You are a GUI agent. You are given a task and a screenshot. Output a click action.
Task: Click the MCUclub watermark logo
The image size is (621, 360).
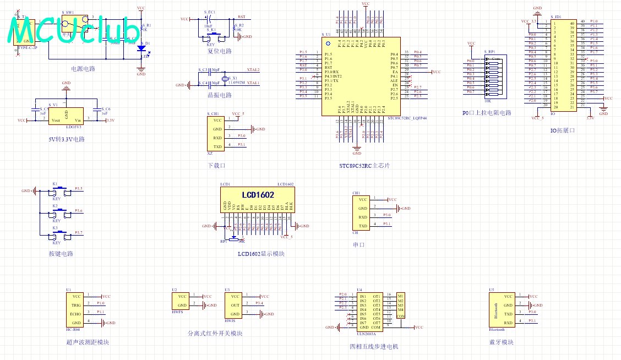coord(74,31)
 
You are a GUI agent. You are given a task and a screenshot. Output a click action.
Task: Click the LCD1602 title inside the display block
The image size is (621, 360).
coord(258,195)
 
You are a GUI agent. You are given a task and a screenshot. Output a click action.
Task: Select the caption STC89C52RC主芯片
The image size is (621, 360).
coord(364,166)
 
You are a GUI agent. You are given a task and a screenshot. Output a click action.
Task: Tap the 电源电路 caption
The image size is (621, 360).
coord(83,69)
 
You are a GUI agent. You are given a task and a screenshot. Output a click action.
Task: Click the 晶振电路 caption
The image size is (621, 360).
coord(219,95)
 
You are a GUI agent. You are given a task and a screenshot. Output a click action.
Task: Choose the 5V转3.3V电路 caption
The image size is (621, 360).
coord(67,139)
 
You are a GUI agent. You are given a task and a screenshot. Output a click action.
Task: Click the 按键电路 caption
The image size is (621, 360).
coord(61,254)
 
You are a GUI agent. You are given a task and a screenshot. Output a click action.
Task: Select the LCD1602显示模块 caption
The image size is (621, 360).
coord(261,254)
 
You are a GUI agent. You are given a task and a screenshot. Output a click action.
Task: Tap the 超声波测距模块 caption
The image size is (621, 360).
coord(88,342)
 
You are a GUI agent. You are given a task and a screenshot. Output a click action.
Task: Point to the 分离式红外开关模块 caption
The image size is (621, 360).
coord(215,333)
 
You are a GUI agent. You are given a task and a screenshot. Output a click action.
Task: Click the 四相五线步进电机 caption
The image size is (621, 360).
coord(374,347)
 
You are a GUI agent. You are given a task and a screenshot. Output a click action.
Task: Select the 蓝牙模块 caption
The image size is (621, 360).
coord(500,342)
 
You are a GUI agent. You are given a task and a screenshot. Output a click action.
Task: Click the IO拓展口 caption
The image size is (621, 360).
coord(563,130)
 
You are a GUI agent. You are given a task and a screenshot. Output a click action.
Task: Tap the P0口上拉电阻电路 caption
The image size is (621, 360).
coord(487,113)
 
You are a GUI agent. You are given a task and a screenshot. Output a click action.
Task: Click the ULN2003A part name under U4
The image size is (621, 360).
coord(366,334)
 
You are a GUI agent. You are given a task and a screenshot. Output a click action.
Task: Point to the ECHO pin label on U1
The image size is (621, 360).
coord(75,314)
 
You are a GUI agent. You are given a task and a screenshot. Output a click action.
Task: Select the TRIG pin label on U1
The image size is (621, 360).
coord(76,305)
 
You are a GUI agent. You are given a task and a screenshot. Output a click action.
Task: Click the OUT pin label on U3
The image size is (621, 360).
coord(235,305)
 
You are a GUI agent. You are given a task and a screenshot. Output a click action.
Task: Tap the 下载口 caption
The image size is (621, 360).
coord(216,165)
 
